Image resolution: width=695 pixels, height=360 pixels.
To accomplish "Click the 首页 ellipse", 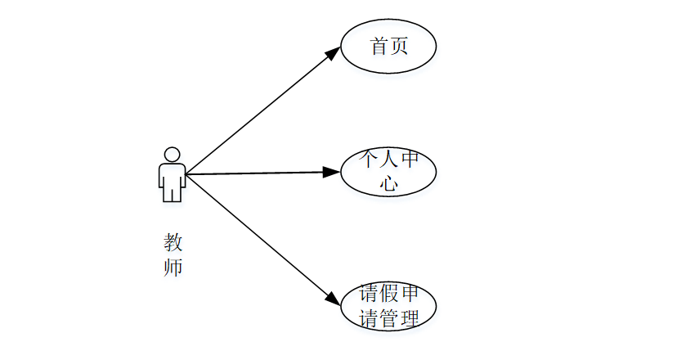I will coord(388,46).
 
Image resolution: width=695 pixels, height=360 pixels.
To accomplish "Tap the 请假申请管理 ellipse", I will coord(388,306).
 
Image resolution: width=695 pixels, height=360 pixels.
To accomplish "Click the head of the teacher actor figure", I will coord(172,154).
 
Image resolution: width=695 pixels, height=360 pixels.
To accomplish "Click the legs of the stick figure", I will coord(172,194).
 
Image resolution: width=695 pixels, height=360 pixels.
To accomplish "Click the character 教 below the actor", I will coord(173,243).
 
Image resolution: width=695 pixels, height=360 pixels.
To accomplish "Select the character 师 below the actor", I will coord(173,268).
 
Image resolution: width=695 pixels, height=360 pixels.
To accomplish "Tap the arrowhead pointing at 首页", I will coord(334,52).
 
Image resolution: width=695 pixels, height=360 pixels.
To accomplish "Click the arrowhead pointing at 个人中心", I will coord(331,172).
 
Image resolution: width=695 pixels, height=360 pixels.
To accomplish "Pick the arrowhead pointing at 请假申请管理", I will coord(333,299).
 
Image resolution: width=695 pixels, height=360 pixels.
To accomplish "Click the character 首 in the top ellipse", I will coord(379,46).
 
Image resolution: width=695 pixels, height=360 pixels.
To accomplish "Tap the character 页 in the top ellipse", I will coord(399,46).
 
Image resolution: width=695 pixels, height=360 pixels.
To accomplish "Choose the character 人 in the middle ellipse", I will coord(389,160).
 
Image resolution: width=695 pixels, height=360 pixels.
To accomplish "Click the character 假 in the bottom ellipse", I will coord(389,293).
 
